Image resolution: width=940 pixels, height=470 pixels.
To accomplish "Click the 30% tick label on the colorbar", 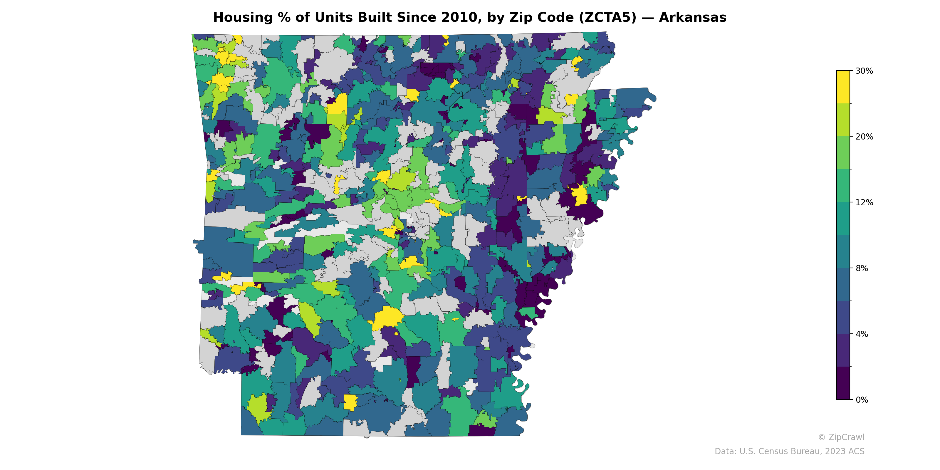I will pyautogui.click(x=864, y=71).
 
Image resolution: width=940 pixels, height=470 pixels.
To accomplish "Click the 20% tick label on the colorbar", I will pyautogui.click(x=864, y=137).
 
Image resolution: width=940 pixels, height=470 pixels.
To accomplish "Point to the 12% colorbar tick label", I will pyautogui.click(x=864, y=202).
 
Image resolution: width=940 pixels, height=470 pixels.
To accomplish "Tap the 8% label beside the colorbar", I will pyautogui.click(x=861, y=268).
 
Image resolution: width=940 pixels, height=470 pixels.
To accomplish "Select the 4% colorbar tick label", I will pyautogui.click(x=861, y=334).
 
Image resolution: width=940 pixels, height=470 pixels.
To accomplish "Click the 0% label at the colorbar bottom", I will pyautogui.click(x=861, y=399).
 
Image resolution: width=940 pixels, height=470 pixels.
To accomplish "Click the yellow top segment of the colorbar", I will pyautogui.click(x=843, y=87).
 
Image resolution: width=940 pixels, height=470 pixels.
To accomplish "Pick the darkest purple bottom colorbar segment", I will pyautogui.click(x=843, y=383).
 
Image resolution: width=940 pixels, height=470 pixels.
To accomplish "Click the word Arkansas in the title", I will pyautogui.click(x=692, y=18).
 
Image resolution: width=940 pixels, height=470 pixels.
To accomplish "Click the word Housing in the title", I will pyautogui.click(x=243, y=18).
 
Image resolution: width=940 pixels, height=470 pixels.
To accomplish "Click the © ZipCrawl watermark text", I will pyautogui.click(x=841, y=437).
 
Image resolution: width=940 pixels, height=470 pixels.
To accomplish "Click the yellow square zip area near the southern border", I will pyautogui.click(x=350, y=402).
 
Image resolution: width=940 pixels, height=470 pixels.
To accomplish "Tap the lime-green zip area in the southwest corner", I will pyautogui.click(x=259, y=407).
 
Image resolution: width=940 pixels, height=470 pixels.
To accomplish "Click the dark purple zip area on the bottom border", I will pyautogui.click(x=481, y=431).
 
